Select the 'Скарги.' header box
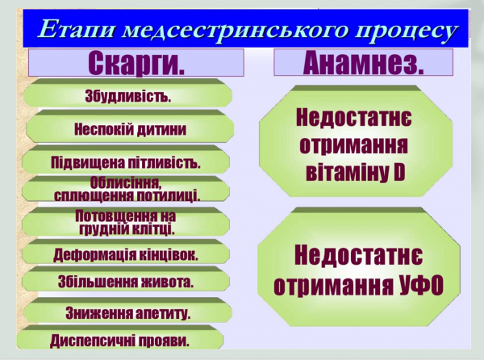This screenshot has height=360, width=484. point(136,63)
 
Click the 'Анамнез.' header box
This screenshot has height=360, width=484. point(363,62)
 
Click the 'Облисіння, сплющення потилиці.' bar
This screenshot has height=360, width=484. point(127,190)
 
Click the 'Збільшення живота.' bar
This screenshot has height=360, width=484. point(125,283)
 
